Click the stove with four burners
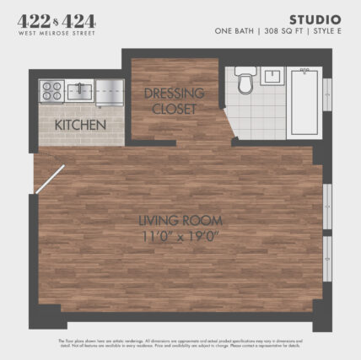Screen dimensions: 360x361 51,89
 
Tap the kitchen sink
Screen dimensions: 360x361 80,89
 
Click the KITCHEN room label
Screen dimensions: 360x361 80,125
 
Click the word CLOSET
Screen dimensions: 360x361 175,109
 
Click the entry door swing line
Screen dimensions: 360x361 49,179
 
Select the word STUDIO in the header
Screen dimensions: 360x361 315,19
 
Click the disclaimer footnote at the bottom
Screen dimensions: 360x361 180,344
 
